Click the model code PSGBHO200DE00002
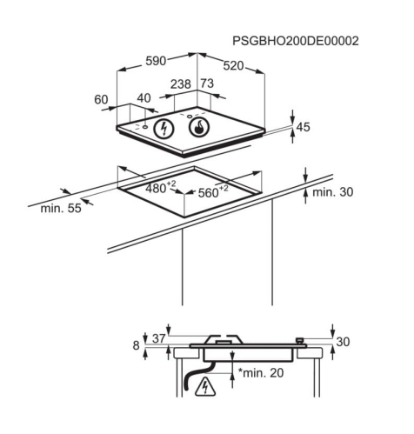[296, 41]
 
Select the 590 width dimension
[156, 61]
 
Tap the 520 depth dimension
[233, 66]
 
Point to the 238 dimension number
[181, 84]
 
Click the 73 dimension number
[207, 83]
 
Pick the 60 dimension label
[101, 99]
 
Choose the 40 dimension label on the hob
[144, 98]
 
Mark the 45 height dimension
[304, 127]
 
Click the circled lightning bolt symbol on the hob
[164, 129]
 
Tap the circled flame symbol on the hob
[199, 127]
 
